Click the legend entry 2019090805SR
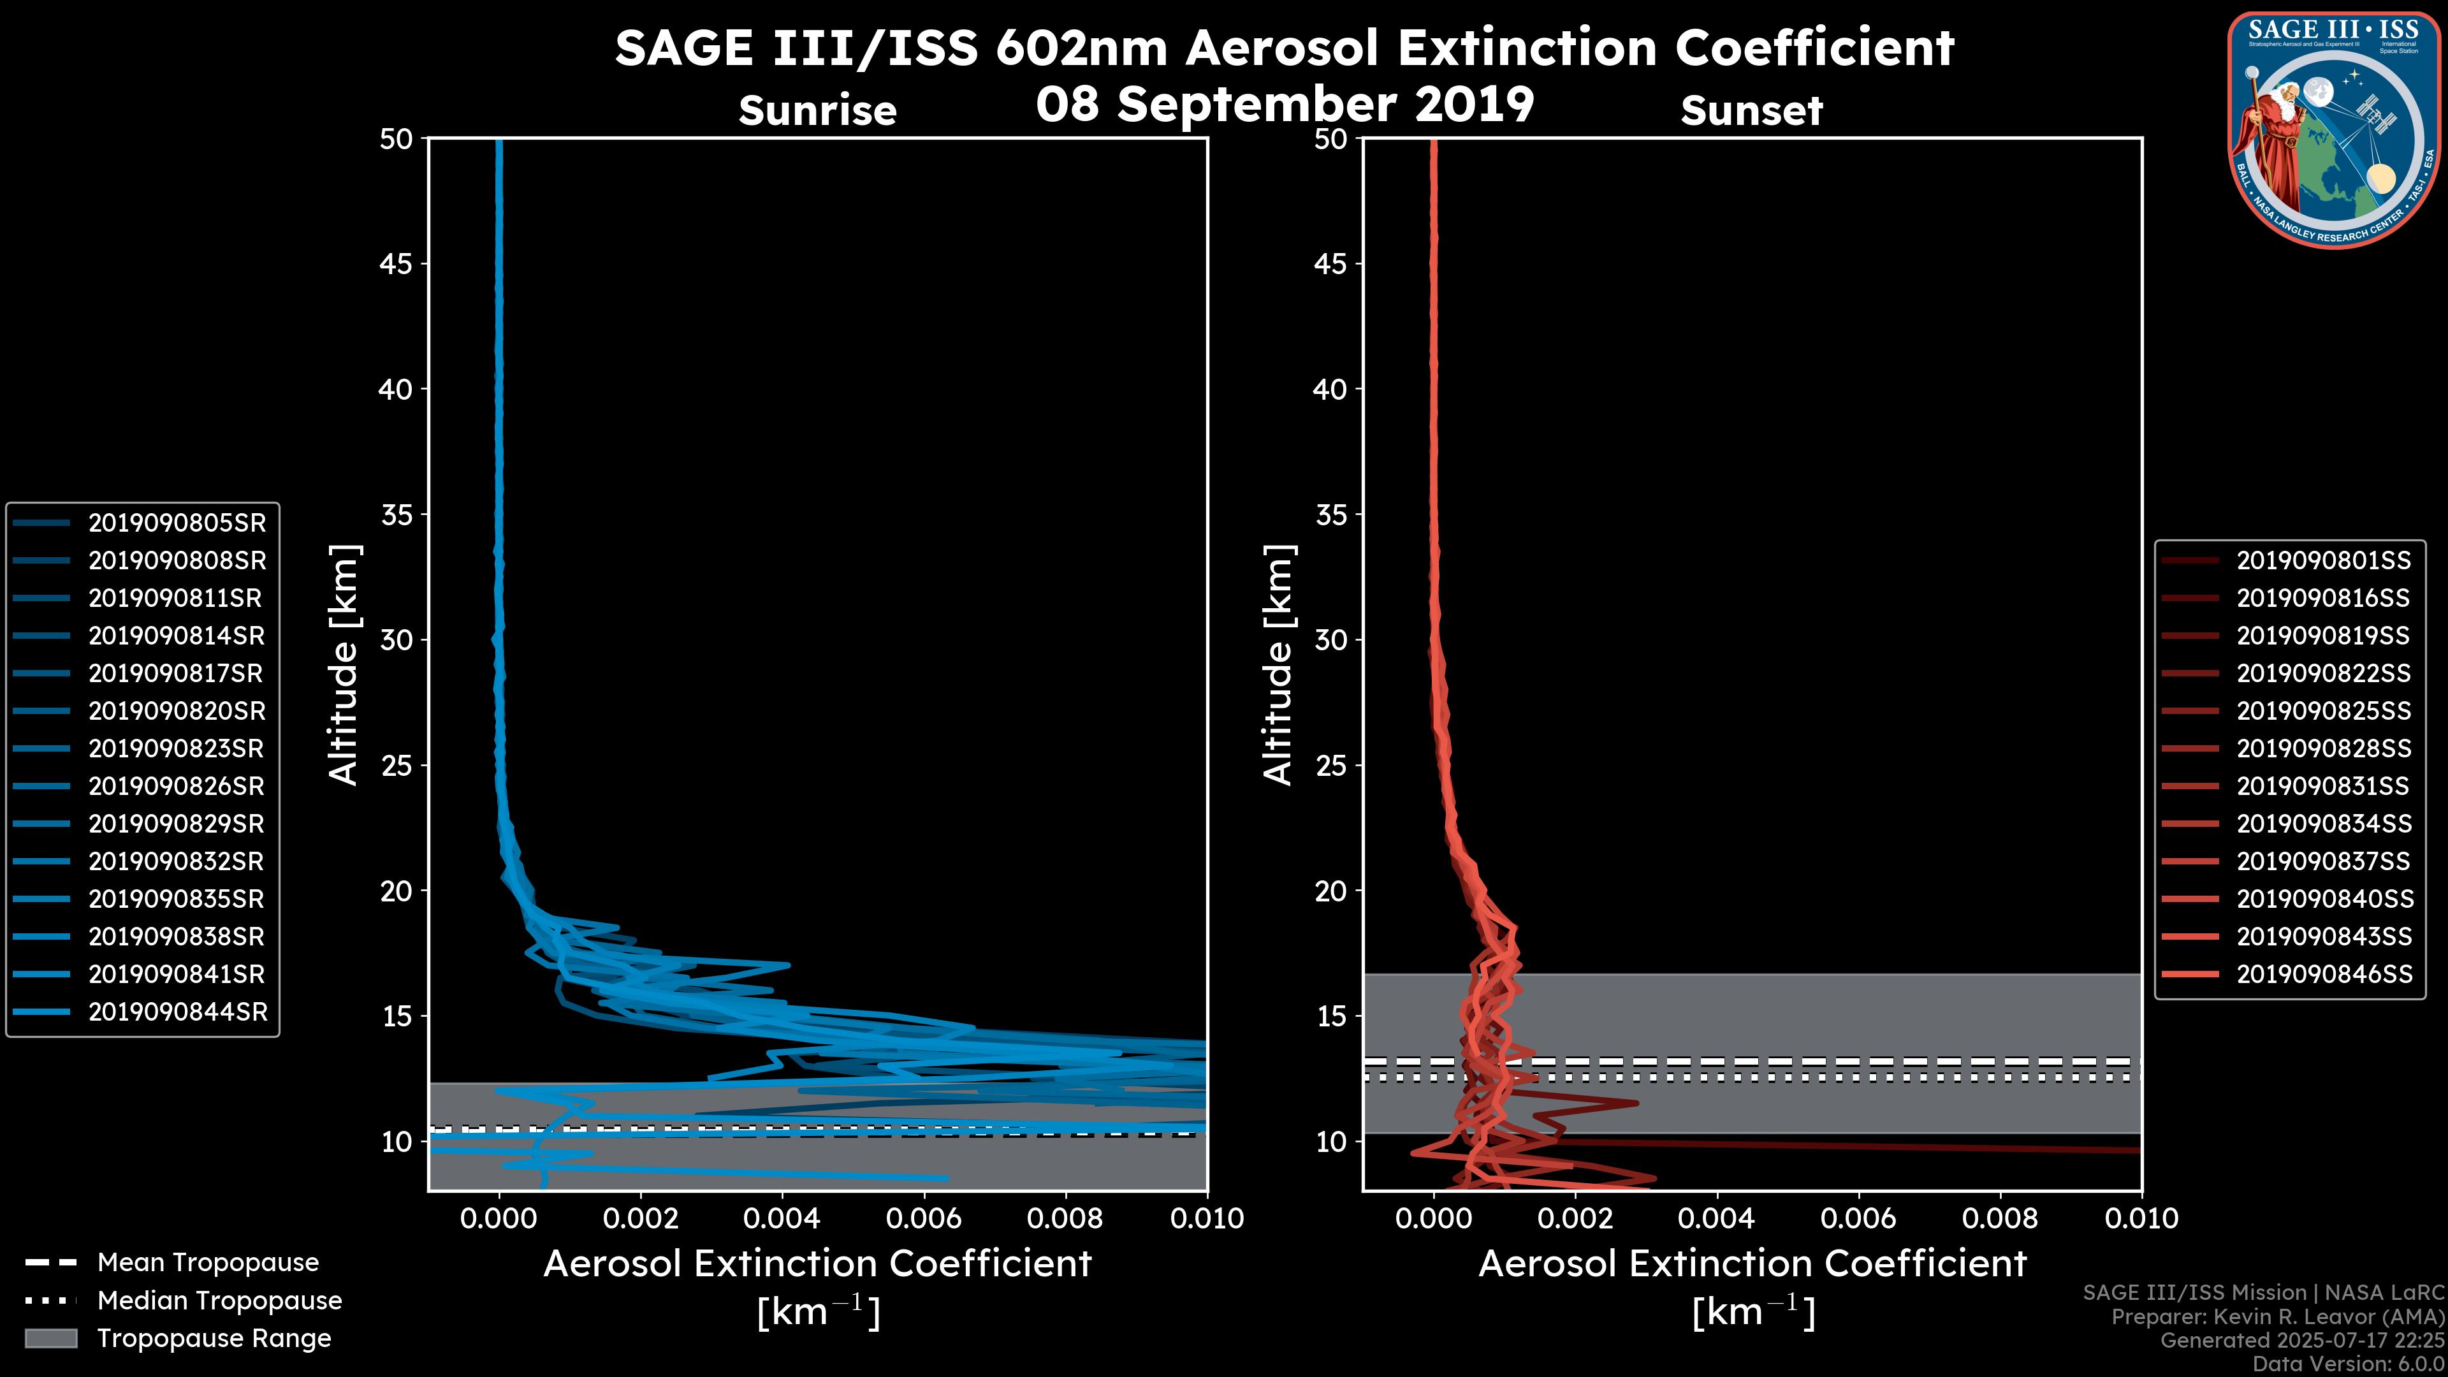(x=177, y=523)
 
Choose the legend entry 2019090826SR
(x=177, y=786)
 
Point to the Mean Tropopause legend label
(x=207, y=1262)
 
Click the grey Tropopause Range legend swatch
(x=50, y=1338)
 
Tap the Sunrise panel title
(x=817, y=110)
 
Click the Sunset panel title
(x=1751, y=110)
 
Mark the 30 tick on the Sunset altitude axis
(x=1330, y=639)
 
